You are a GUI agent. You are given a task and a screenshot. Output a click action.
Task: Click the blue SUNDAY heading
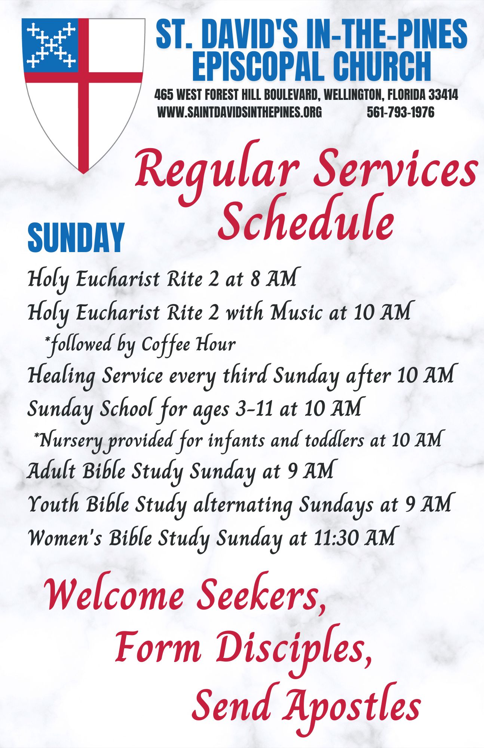point(76,238)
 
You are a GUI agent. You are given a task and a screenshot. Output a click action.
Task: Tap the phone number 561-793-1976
point(401,112)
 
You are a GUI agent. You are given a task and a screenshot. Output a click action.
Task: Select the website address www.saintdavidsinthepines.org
point(239,112)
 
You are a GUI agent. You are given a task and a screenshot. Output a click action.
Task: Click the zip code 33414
point(443,95)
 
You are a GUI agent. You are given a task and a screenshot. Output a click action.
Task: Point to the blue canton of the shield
point(51,45)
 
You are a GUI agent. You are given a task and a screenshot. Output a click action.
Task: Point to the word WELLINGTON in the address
point(352,95)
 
